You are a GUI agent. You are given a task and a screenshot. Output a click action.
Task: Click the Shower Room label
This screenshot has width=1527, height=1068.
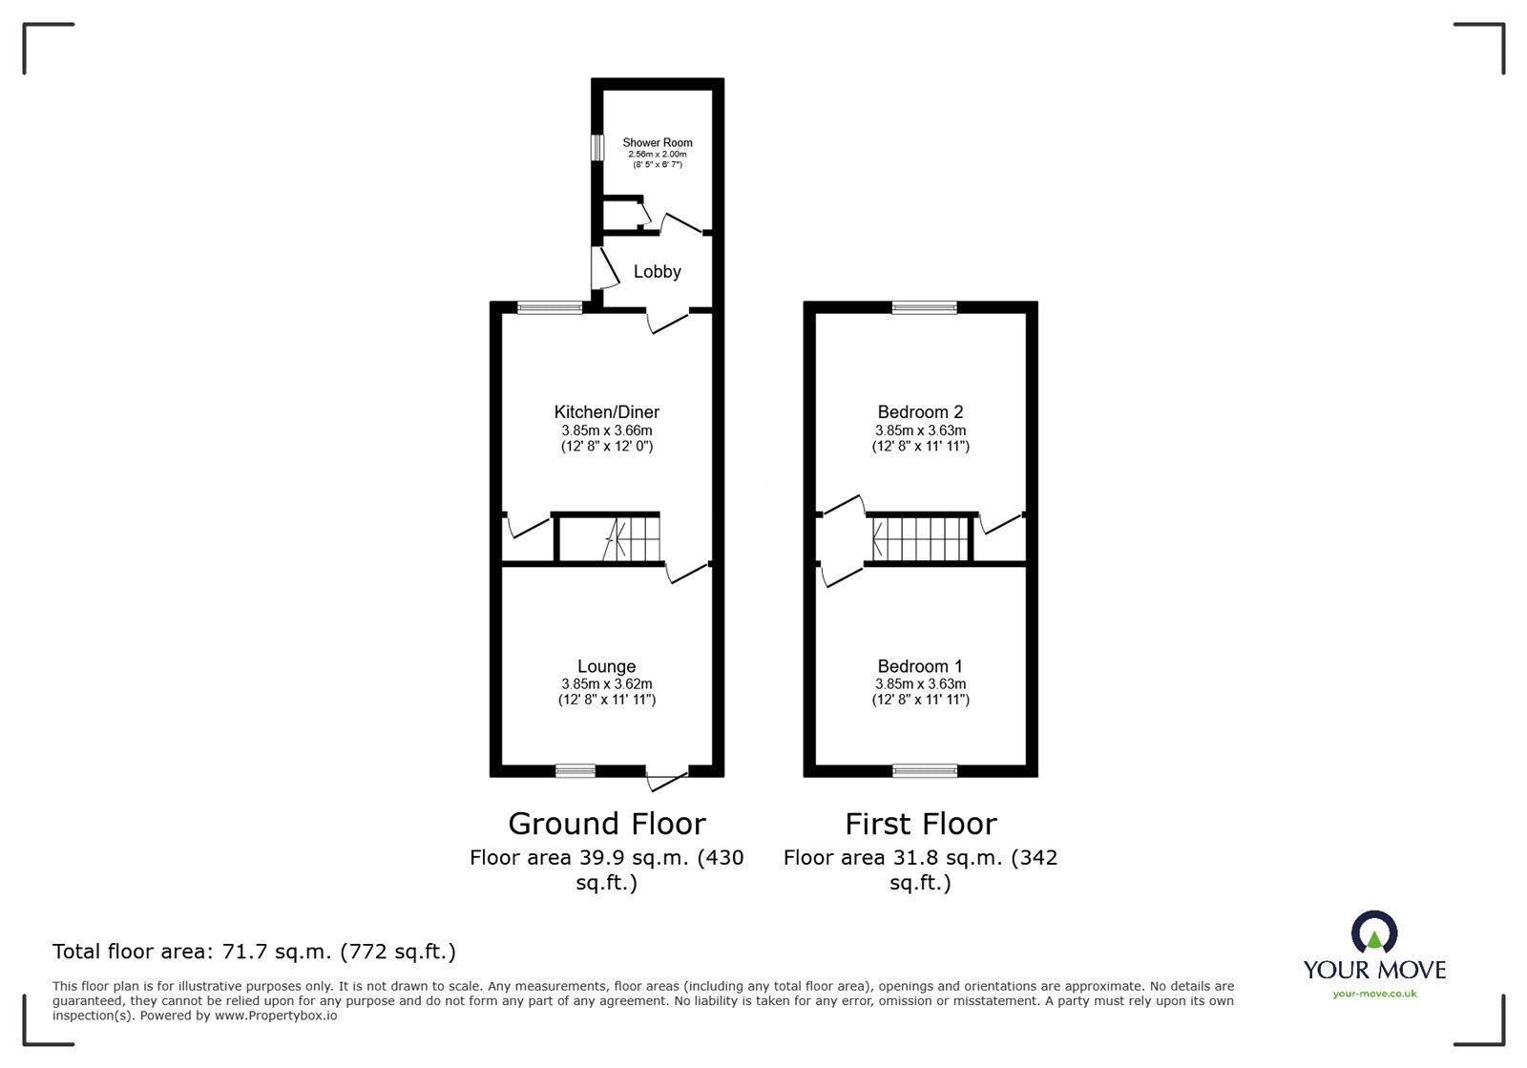(658, 142)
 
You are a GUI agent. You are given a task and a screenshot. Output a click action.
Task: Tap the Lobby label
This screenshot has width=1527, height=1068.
(658, 271)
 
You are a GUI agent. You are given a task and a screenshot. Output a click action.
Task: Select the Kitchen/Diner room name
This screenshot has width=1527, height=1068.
(607, 411)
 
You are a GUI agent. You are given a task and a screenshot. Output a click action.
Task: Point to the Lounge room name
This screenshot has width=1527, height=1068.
(607, 666)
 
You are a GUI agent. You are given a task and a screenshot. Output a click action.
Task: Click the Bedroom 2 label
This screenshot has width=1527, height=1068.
(920, 411)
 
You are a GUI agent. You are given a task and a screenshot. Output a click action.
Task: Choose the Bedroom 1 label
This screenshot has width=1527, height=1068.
(920, 666)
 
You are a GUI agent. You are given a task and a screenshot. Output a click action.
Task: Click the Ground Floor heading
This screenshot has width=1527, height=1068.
(607, 824)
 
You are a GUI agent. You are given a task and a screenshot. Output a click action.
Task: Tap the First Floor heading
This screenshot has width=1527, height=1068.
(921, 824)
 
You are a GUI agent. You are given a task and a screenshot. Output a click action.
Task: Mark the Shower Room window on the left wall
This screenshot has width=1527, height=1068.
(597, 147)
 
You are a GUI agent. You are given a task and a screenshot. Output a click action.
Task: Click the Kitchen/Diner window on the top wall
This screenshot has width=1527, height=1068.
(550, 307)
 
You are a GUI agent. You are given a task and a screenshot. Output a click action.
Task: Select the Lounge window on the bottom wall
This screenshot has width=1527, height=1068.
(575, 771)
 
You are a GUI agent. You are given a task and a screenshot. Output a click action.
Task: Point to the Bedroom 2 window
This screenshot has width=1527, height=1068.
(925, 307)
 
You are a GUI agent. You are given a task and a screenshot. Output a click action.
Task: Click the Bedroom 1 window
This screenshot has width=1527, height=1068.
(925, 771)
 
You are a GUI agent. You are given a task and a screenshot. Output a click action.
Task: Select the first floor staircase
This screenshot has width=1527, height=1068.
(920, 539)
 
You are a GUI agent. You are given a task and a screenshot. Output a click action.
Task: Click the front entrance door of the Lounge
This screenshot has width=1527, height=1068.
(667, 781)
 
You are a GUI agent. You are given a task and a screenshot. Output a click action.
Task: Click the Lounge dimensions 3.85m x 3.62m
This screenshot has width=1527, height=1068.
(607, 683)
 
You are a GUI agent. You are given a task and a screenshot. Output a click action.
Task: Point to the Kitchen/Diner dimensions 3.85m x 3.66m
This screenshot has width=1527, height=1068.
(607, 430)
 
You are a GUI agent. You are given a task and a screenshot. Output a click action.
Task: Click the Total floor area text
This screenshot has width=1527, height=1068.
(254, 952)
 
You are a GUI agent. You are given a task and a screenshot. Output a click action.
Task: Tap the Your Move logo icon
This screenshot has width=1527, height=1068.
(1374, 932)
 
